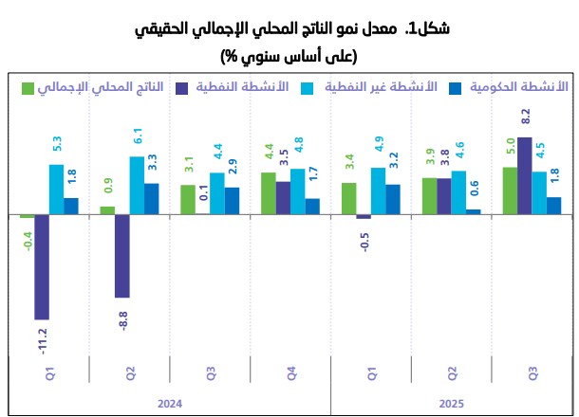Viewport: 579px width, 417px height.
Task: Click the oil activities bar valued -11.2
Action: [x=41, y=266]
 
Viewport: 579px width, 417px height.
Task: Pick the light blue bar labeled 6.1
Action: [x=137, y=185]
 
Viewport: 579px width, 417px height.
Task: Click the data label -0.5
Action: [x=364, y=237]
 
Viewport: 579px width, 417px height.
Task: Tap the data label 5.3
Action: [x=56, y=148]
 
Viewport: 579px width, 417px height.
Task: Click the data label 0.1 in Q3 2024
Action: [x=202, y=196]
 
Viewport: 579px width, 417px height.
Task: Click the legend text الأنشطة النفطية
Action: [x=234, y=87]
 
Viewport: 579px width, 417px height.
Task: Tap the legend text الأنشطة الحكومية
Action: [x=519, y=87]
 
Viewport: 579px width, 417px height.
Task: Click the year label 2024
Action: [x=169, y=404]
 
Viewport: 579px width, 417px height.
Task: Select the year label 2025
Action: [x=451, y=404]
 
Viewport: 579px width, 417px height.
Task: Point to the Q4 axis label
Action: [x=290, y=372]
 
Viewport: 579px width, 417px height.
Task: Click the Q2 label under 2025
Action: [x=452, y=372]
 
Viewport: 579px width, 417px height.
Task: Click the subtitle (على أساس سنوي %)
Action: [x=289, y=56]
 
